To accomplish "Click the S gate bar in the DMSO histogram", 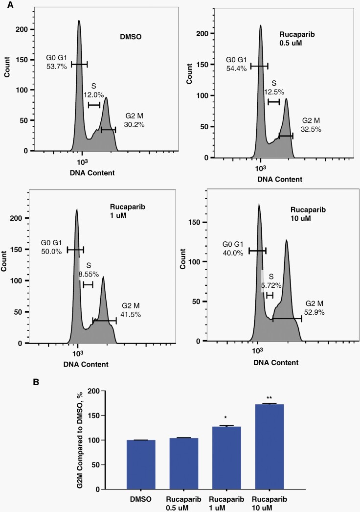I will coord(94,105).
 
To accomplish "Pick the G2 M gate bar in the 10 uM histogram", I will coord(287,319).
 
